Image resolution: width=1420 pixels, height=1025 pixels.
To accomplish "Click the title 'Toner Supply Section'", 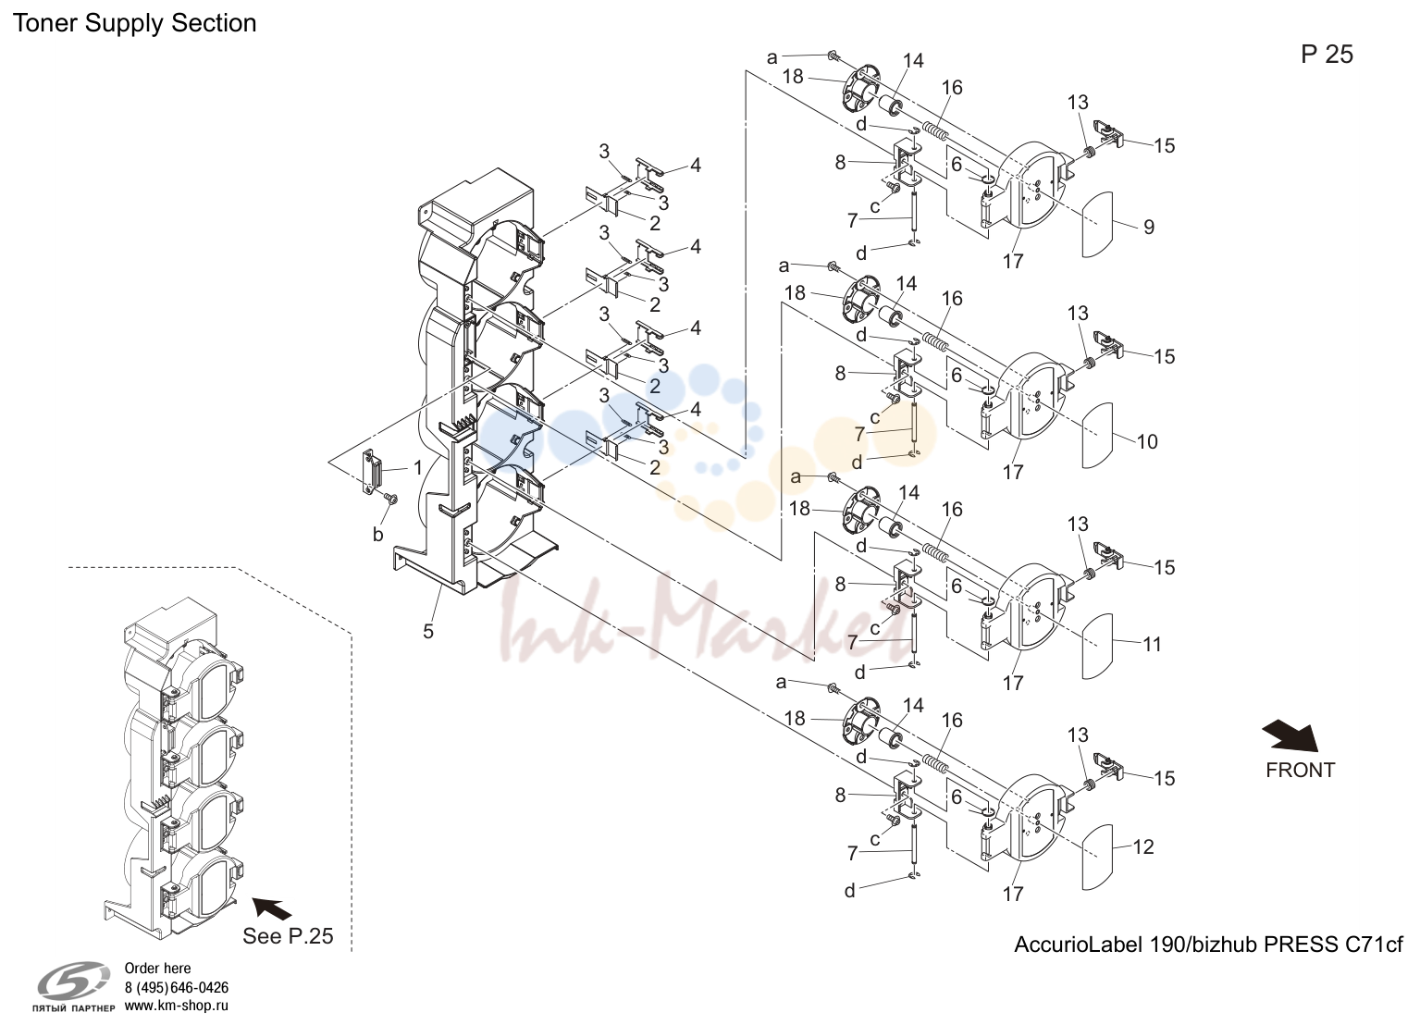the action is pos(134,23).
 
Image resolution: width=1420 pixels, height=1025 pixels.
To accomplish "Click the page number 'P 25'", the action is pos(1327,55).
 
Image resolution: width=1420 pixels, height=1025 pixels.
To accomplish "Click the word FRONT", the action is pos(1300,771).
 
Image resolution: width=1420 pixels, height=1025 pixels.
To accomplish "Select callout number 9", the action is pos(1149,227).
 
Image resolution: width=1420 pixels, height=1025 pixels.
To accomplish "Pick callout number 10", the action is pos(1147,441).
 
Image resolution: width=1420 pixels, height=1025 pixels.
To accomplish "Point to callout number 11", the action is pos(1152,644).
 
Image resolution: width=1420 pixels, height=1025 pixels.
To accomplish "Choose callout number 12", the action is pos(1143,846).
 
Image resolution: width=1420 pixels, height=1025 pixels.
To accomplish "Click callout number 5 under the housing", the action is pos(428,631).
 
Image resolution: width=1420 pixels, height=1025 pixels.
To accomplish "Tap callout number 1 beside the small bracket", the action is pos(418,468).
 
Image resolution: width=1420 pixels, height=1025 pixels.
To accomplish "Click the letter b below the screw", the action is pos(377,535).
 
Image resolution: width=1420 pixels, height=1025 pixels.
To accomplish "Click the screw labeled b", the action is pos(391,500).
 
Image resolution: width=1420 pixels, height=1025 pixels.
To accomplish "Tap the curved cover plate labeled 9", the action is pos(1098,224).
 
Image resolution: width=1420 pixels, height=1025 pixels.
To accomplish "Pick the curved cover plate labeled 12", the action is pos(1098,857).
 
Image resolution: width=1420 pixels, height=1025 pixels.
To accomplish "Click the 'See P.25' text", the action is pos(288,935).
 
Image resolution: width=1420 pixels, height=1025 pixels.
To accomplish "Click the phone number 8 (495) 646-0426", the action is pos(177,988).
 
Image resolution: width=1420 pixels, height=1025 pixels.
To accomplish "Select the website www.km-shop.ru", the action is pos(177,1006).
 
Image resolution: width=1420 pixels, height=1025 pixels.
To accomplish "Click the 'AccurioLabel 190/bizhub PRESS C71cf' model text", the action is pos(1208,945).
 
